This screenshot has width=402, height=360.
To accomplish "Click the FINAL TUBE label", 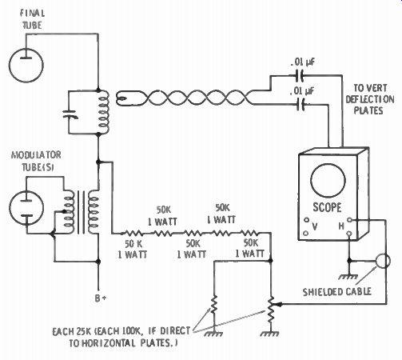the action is click(33, 19).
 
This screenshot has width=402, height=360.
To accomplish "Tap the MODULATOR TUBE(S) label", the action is click(36, 161).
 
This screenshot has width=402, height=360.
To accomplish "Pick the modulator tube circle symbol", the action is click(26, 208).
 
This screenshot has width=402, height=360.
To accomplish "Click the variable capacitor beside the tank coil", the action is click(70, 114).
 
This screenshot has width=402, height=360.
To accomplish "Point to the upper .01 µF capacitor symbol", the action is click(300, 75).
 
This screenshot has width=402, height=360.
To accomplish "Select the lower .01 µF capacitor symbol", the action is click(301, 104).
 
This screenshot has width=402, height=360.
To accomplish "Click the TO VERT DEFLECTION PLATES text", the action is click(369, 99).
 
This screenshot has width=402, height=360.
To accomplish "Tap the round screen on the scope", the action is click(328, 180).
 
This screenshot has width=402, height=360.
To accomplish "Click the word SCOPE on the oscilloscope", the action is click(327, 207).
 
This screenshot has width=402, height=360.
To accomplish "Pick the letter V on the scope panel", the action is click(315, 226).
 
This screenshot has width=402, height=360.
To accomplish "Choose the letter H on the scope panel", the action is click(341, 226).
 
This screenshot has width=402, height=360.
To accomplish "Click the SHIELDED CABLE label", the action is click(336, 292).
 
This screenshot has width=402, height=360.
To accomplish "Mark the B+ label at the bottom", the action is click(101, 298).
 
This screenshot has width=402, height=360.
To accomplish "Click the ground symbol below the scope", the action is click(348, 277).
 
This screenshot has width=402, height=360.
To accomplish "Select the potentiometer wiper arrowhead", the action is click(278, 304).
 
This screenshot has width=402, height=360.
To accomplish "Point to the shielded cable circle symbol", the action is click(383, 261).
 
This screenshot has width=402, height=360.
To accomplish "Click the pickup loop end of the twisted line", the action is click(125, 98).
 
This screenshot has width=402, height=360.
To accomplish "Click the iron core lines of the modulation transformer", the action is click(82, 212).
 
